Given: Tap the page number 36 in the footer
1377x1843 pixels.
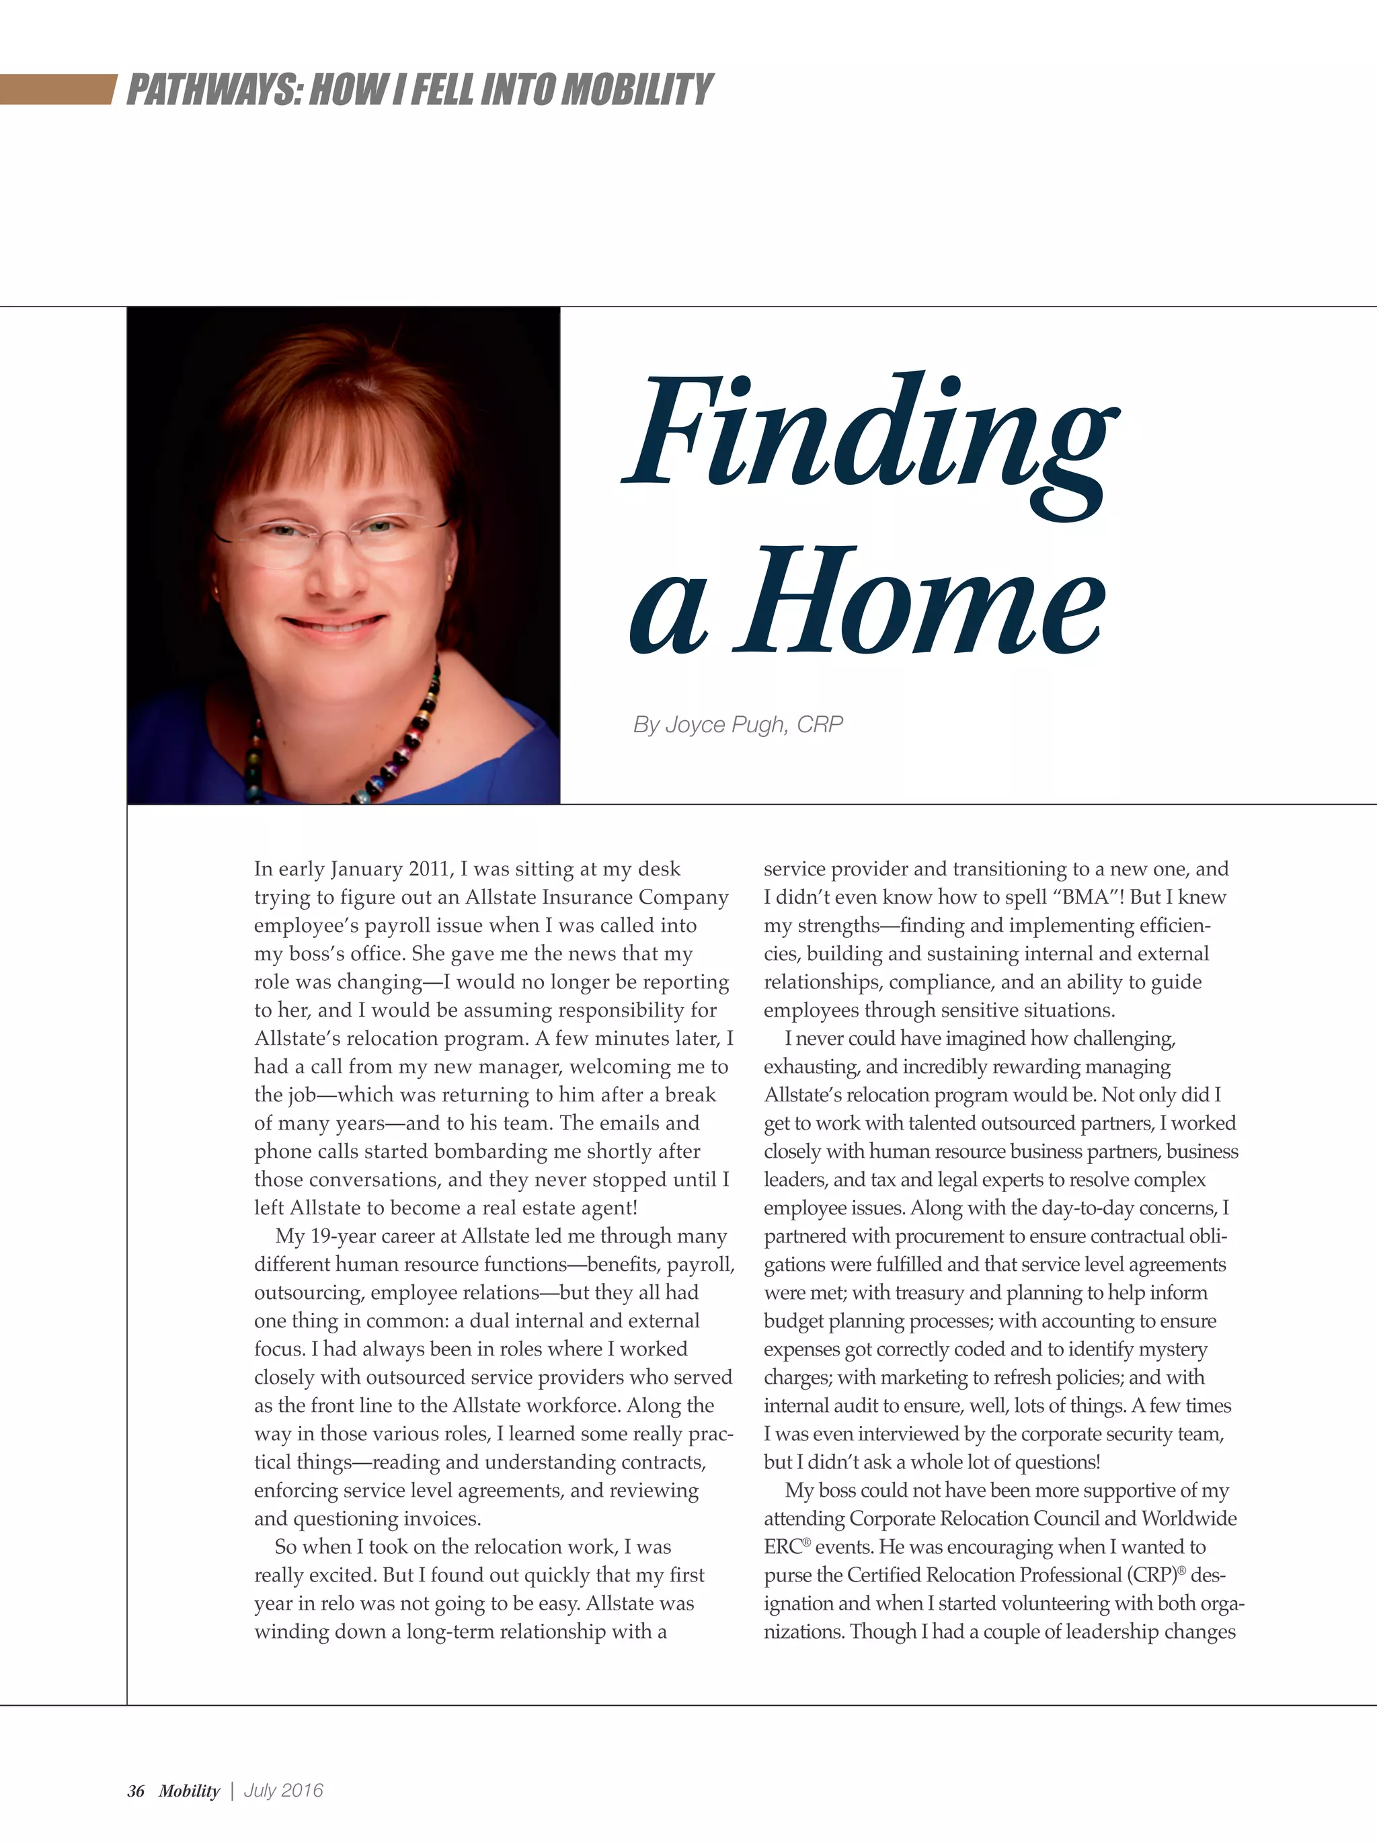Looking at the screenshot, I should coord(136,1791).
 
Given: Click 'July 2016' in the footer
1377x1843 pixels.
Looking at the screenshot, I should coord(283,1791).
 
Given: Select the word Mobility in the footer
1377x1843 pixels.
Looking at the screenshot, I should coord(189,1791).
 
